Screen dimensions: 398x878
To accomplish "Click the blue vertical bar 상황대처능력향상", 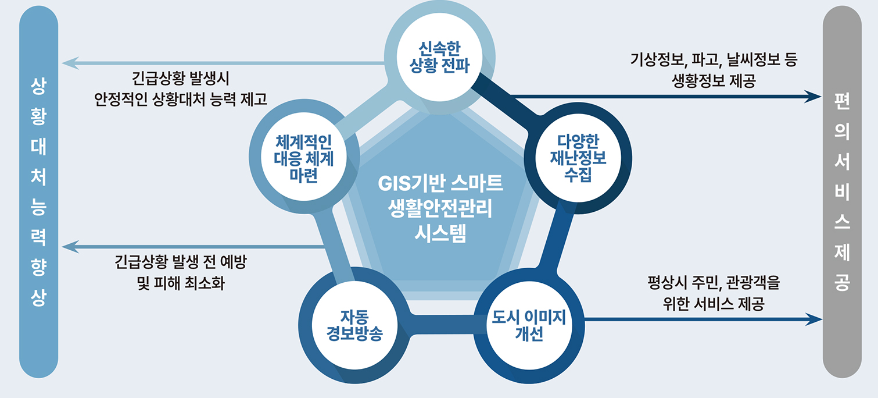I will click(38, 192).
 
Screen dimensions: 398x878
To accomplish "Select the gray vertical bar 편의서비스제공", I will click(842, 192).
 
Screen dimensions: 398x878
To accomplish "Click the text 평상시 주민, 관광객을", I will click(714, 284).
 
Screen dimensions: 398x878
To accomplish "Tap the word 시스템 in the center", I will click(440, 235).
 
